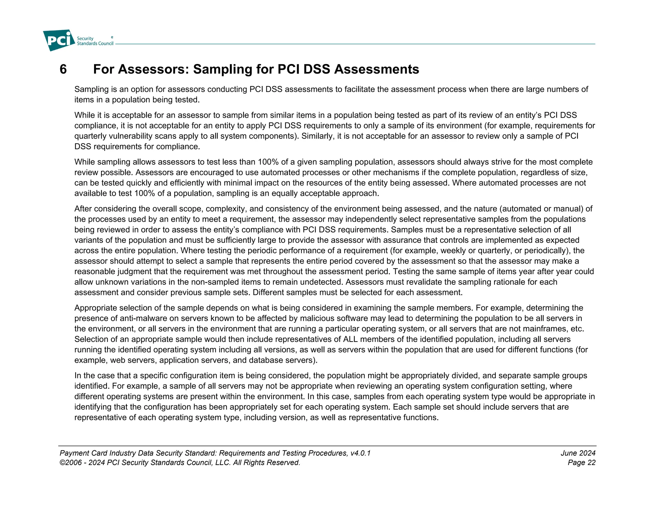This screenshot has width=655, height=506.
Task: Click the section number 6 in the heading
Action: pos(63,69)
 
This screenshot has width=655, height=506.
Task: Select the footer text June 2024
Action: pos(578,453)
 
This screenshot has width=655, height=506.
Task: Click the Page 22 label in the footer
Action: pos(581,463)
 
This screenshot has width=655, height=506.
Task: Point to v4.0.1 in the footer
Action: pos(360,453)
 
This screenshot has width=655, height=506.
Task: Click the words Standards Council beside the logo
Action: pos(95,43)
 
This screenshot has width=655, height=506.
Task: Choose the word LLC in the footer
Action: pos(223,463)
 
